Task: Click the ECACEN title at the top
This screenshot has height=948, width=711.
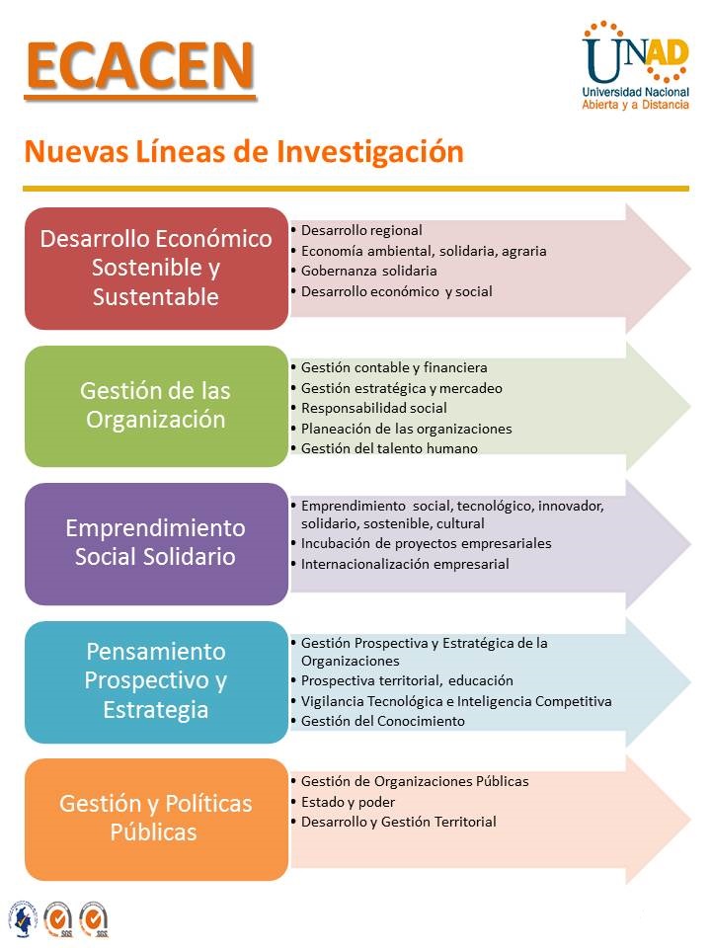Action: tap(139, 66)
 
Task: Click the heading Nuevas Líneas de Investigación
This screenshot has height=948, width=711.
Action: tap(243, 152)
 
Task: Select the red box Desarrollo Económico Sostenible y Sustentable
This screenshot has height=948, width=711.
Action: tap(156, 268)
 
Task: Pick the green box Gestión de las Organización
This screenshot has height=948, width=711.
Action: tap(156, 405)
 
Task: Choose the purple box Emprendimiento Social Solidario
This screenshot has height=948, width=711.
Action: tap(156, 542)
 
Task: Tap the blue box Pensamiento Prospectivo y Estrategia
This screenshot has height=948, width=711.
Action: tap(156, 680)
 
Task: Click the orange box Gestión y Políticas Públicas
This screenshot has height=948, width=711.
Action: tap(156, 818)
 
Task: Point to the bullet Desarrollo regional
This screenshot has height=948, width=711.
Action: tap(361, 230)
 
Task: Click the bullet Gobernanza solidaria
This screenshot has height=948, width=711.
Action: tap(368, 271)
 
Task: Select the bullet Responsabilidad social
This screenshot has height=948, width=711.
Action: tap(373, 408)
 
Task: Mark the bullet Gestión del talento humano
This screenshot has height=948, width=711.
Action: tap(389, 448)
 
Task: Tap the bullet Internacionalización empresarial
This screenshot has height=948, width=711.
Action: tap(405, 564)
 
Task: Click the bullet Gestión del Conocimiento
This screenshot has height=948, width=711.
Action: tap(382, 721)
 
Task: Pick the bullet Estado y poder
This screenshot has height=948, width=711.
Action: tap(348, 802)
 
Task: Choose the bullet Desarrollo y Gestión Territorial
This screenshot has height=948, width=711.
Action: tap(398, 822)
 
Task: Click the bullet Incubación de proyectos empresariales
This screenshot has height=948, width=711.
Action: tap(426, 543)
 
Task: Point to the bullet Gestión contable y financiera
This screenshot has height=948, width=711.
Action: tap(394, 367)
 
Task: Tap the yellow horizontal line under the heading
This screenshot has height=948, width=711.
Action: tap(355, 188)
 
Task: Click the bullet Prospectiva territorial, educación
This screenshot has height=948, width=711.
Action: tap(407, 680)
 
